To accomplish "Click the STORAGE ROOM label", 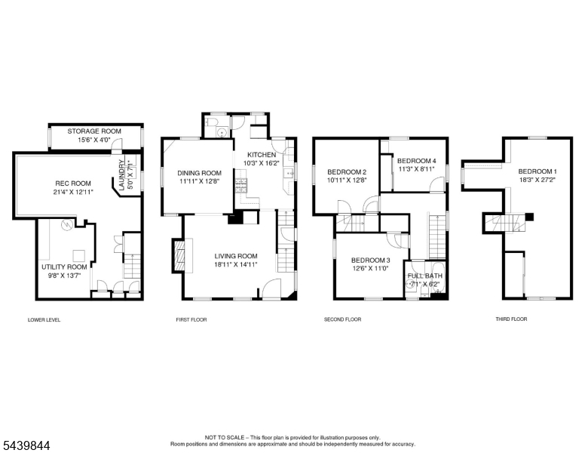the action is [94, 131].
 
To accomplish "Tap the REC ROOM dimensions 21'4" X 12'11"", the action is [73, 192].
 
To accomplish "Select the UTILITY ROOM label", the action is [64, 267].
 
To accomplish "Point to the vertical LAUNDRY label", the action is [121, 175].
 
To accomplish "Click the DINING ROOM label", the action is [199, 173].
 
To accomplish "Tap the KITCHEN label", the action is [262, 155].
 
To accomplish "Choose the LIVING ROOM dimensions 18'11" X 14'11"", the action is [236, 264].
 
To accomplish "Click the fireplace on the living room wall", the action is [179, 254].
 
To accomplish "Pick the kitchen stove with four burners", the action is [241, 186].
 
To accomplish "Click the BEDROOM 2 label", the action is [347, 172].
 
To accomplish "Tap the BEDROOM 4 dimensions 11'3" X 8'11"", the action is [416, 169].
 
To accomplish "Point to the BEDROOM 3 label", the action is [370, 260].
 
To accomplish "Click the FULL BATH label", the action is [425, 276].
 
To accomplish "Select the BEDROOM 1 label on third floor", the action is [538, 171].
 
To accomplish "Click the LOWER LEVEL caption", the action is [44, 320].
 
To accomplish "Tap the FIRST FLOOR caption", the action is [191, 319].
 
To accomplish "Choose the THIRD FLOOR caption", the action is [511, 319].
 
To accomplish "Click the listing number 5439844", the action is [26, 445].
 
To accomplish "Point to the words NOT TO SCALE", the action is [225, 437].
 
